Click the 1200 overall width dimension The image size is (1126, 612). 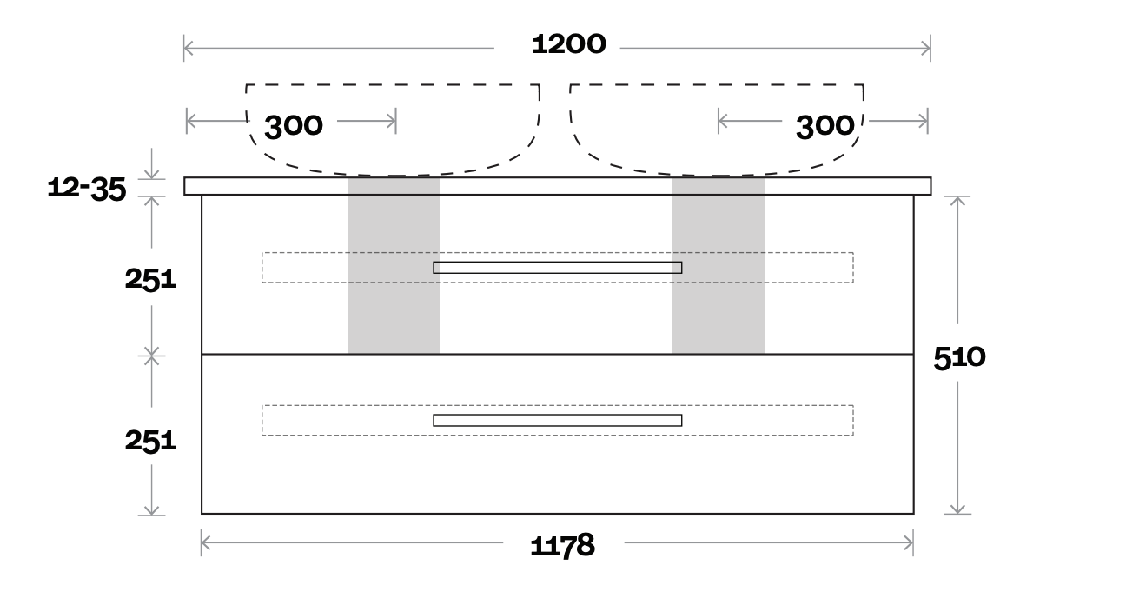(x=568, y=44)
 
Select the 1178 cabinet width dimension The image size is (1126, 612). (x=562, y=546)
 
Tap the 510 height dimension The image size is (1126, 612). (x=959, y=357)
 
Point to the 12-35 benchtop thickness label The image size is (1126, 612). (x=87, y=189)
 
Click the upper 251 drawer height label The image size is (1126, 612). (x=150, y=280)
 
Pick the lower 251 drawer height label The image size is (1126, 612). (x=150, y=441)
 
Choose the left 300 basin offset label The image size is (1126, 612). (x=294, y=126)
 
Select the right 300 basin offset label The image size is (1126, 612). (x=825, y=126)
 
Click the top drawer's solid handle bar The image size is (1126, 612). (x=557, y=267)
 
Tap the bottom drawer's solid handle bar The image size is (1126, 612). (x=557, y=420)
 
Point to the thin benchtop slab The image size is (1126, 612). (x=557, y=186)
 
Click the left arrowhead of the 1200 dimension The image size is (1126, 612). (x=188, y=49)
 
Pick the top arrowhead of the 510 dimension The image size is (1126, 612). (x=957, y=201)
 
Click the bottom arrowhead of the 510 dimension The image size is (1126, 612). (x=957, y=509)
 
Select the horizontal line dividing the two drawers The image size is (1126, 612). (x=557, y=354)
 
